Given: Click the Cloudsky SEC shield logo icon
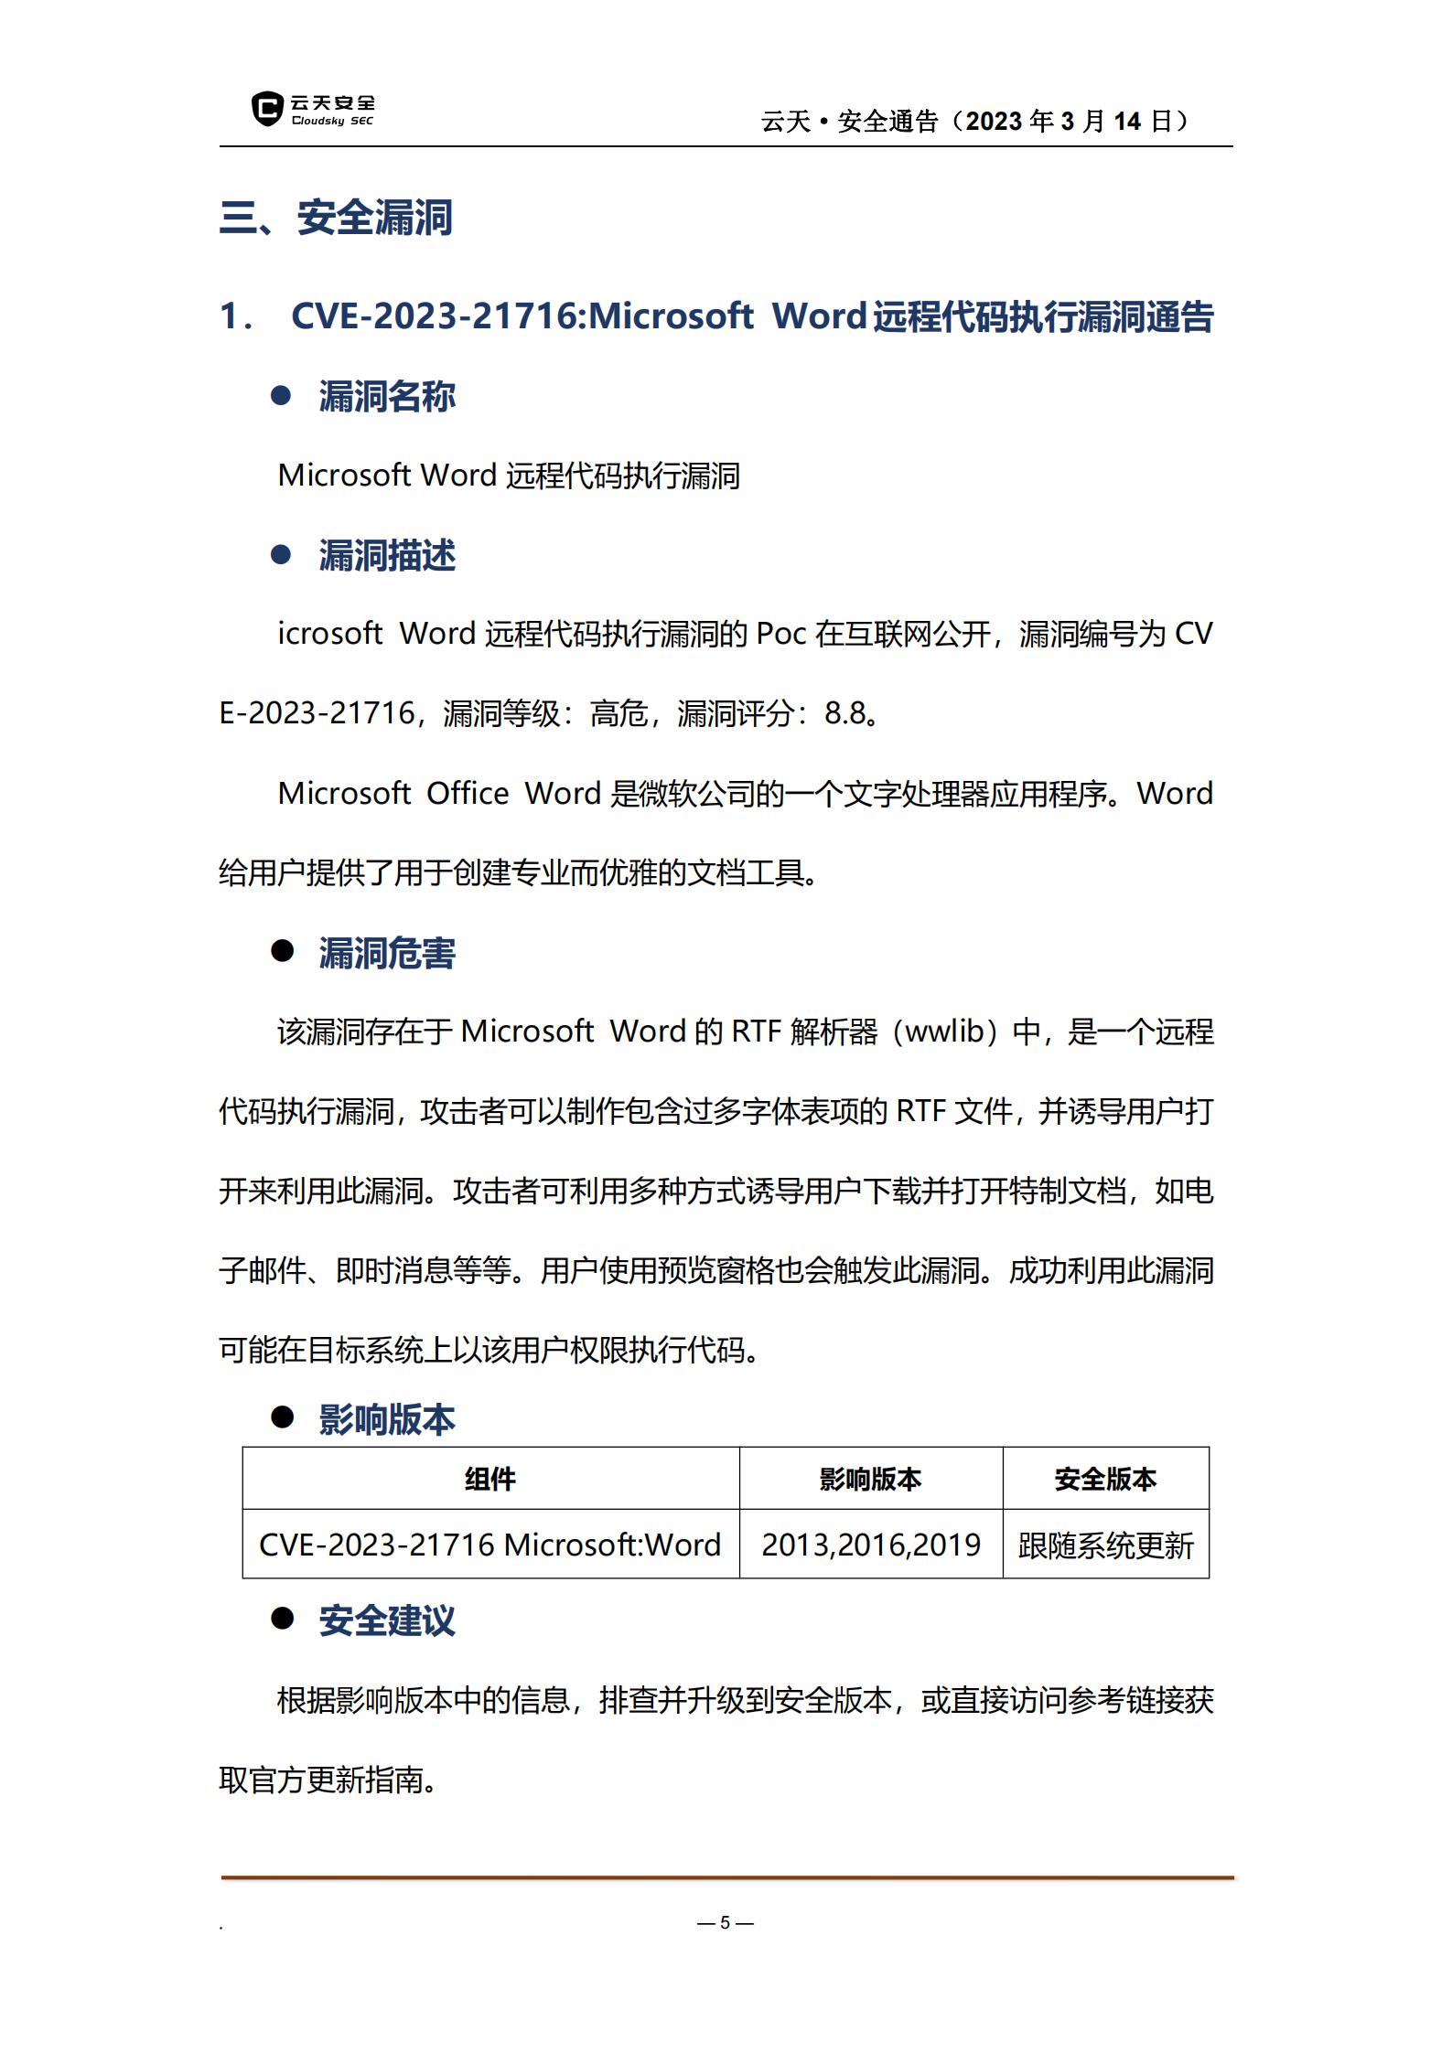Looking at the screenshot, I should coord(266,109).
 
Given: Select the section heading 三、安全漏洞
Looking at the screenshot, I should coord(336,219).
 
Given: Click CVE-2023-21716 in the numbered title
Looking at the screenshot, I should coord(436,316).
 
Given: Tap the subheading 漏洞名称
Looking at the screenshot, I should coord(386,397).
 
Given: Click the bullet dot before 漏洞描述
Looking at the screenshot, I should coord(281,555).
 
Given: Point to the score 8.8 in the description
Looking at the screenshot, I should coord(844,713).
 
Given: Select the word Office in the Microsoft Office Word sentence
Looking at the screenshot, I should coord(467,794).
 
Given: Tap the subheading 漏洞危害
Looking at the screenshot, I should coord(386,953).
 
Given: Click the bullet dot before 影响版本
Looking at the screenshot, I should coord(282,1417).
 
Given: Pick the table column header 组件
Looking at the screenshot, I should coord(490,1479).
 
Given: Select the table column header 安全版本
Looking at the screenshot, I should coord(1105,1479).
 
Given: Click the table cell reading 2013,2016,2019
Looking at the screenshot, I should coord(870,1545).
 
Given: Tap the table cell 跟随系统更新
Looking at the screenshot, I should coord(1105,1545).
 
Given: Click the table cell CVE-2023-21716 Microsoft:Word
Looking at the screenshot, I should coord(489,1545).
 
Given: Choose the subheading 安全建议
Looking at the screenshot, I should coord(386,1620).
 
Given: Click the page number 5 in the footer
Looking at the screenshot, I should coord(725,1922).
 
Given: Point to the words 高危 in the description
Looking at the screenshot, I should coord(618,713).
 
